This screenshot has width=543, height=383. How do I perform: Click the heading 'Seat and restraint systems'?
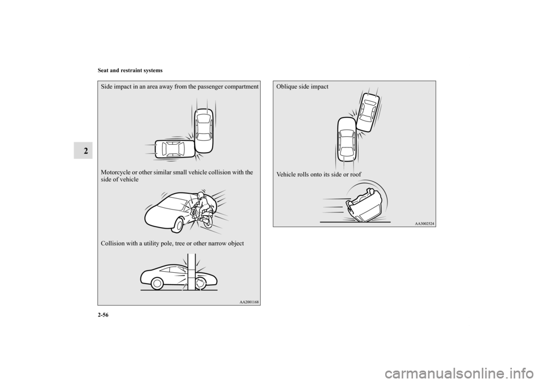(130, 71)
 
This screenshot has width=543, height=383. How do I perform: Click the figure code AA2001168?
(249, 302)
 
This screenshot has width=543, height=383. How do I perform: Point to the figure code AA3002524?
(424, 224)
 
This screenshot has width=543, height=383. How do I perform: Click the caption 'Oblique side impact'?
(302, 87)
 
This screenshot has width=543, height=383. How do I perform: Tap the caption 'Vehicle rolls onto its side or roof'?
(318, 175)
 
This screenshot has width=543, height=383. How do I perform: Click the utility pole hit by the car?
(192, 272)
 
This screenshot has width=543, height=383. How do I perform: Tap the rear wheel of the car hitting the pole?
(157, 284)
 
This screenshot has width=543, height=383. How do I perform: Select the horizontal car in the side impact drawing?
(175, 150)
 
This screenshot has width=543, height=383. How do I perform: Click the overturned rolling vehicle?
(364, 205)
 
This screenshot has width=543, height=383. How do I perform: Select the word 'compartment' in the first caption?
(241, 87)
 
